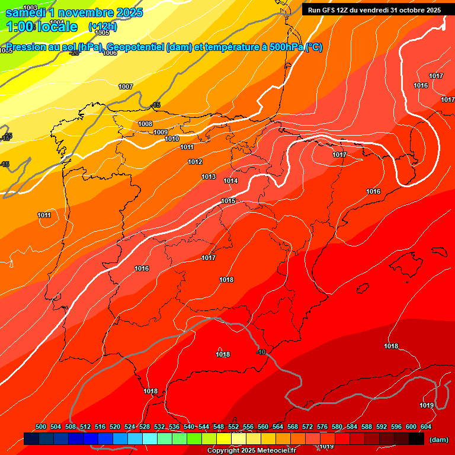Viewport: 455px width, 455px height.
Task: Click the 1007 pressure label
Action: [126, 86]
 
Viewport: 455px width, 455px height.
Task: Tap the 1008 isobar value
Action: [145, 124]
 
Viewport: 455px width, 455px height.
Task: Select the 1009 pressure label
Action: [161, 132]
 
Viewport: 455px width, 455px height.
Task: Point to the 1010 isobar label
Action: [172, 139]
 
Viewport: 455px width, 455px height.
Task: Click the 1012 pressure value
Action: [195, 162]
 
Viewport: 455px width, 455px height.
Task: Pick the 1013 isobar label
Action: [209, 177]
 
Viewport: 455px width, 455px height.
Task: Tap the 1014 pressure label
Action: [231, 181]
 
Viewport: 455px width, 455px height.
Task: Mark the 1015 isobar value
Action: [229, 201]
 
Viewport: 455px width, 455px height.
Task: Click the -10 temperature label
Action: [260, 353]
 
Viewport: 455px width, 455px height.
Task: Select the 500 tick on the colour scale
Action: [41, 427]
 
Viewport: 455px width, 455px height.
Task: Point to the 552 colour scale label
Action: [233, 427]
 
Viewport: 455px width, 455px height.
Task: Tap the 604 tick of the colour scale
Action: [426, 427]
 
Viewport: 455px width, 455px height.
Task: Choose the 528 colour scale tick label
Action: [145, 427]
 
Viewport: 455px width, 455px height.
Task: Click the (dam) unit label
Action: [438, 440]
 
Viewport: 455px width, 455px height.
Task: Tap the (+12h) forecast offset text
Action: [102, 27]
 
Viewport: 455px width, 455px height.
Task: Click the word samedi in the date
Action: [27, 12]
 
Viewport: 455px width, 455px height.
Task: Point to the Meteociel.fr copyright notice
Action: [251, 451]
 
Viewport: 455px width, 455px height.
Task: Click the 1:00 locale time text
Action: [41, 27]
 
